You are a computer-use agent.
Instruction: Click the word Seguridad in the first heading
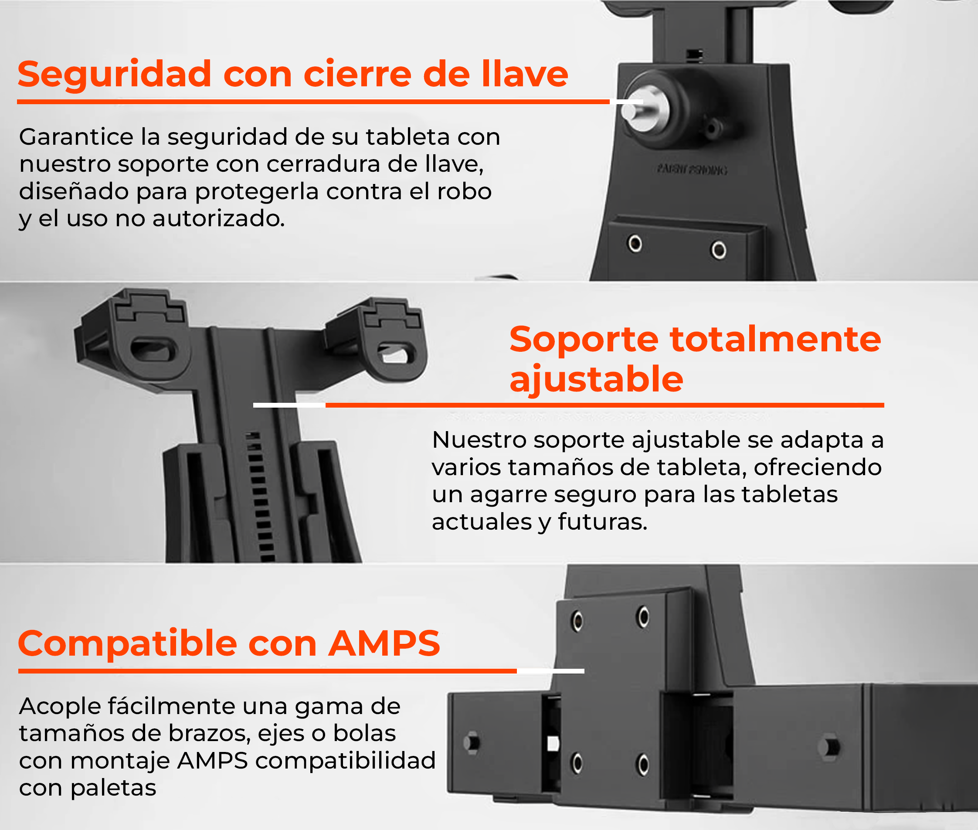[114, 75]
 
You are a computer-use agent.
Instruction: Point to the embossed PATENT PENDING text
[692, 170]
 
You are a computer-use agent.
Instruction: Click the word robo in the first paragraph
[464, 191]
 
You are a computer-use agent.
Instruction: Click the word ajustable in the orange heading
[596, 379]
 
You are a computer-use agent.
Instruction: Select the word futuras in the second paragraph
[602, 522]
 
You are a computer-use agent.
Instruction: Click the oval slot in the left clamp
[153, 350]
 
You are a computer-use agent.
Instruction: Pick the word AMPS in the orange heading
[384, 643]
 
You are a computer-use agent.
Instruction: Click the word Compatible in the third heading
[127, 643]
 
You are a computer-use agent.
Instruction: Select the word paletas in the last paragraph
[113, 788]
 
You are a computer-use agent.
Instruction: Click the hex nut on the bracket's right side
[829, 747]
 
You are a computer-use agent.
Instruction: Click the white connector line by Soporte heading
[289, 405]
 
